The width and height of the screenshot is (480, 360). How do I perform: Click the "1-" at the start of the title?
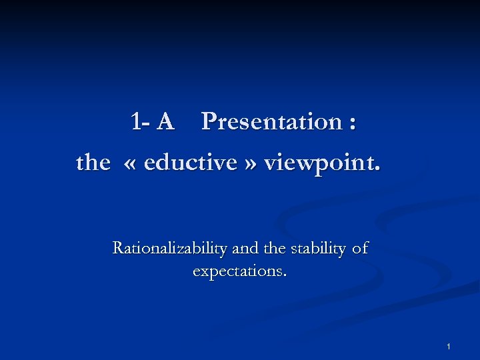tap(141, 122)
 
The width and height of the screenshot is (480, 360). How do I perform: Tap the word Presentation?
tap(271, 122)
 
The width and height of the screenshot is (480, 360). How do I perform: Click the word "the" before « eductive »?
tap(93, 162)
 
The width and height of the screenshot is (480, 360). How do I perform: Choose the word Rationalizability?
tap(169, 249)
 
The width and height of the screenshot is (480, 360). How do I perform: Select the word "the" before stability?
tap(275, 249)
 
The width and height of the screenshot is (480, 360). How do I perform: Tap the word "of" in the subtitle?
tap(360, 249)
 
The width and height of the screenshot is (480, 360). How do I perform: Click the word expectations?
tap(237, 272)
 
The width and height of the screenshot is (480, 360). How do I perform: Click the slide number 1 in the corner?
tap(449, 347)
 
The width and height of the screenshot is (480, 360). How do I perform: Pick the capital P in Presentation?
tap(209, 122)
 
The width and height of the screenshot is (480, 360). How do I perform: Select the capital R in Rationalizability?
tap(119, 249)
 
